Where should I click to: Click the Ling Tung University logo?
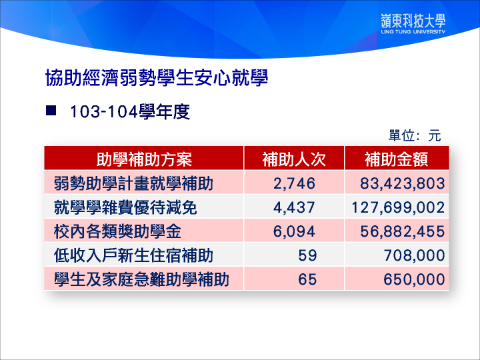(x=413, y=23)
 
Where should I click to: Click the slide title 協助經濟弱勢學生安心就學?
(x=157, y=77)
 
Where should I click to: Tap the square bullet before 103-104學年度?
(x=51, y=110)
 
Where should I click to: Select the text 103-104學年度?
(x=130, y=111)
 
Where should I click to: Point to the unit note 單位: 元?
(x=415, y=135)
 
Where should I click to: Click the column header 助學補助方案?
(x=144, y=159)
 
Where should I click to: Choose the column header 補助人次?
(x=294, y=159)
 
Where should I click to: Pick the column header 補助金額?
(x=396, y=159)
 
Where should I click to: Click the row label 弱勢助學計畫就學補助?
(x=133, y=183)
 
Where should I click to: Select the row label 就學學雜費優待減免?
(x=125, y=207)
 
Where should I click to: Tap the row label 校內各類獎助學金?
(x=117, y=231)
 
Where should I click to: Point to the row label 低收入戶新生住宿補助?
(x=133, y=255)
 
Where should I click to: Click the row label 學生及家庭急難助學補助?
(x=141, y=279)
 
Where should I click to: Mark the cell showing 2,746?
(x=294, y=183)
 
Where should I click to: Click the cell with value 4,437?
(x=294, y=207)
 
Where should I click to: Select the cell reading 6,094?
(x=294, y=231)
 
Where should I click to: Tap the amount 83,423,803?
(x=402, y=183)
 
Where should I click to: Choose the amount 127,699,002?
(x=398, y=207)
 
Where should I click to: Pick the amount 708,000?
(x=415, y=255)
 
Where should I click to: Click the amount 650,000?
(x=415, y=279)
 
